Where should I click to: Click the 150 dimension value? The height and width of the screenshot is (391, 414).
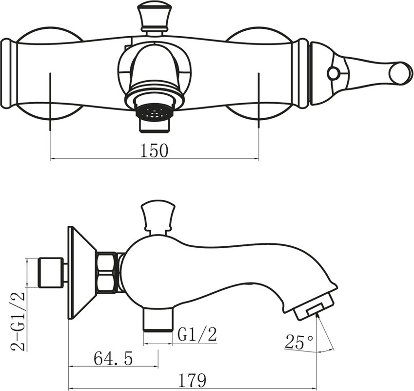tap(154, 151)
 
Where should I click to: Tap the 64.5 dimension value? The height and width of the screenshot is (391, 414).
tap(113, 359)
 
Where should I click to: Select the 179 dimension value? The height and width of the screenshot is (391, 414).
tap(193, 380)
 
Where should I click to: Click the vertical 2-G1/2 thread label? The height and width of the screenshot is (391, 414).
tap(19, 321)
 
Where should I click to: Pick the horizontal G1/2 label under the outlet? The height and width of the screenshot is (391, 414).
tap(197, 335)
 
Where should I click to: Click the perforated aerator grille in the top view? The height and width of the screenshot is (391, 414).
tap(154, 113)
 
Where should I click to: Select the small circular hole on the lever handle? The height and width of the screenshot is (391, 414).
tap(333, 72)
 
